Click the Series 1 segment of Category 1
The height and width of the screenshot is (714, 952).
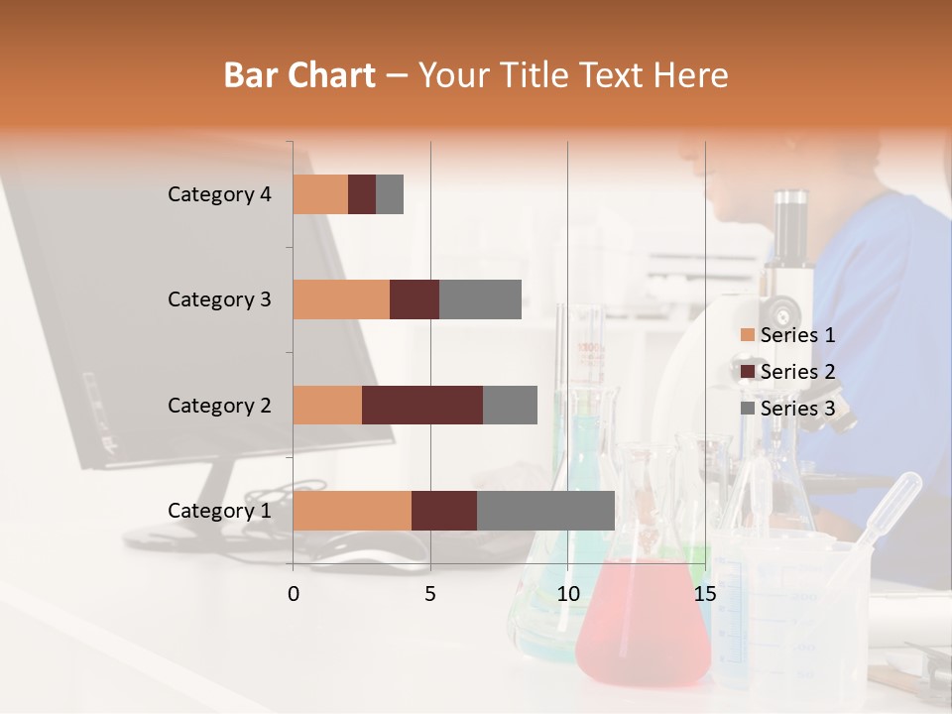point(352,511)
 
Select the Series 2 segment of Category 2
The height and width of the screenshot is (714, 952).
point(422,405)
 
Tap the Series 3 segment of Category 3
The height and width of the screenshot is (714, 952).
point(480,299)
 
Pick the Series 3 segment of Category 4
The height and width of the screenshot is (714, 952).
point(390,194)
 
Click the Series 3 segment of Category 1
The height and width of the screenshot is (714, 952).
point(545,511)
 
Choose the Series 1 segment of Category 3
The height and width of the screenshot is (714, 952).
point(341,299)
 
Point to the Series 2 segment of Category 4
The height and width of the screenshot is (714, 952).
point(362,194)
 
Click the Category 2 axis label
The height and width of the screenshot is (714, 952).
point(219,405)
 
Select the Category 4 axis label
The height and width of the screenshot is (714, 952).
point(219,194)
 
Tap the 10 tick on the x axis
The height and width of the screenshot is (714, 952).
point(567,594)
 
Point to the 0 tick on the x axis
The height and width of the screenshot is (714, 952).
point(294,594)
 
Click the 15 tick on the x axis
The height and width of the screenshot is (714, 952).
point(704,594)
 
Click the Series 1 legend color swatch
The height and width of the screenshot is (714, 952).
point(747,335)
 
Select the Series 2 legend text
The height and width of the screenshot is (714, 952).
point(797,372)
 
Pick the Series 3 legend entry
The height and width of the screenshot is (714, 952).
point(787,408)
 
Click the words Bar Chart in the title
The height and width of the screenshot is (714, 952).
point(299,75)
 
